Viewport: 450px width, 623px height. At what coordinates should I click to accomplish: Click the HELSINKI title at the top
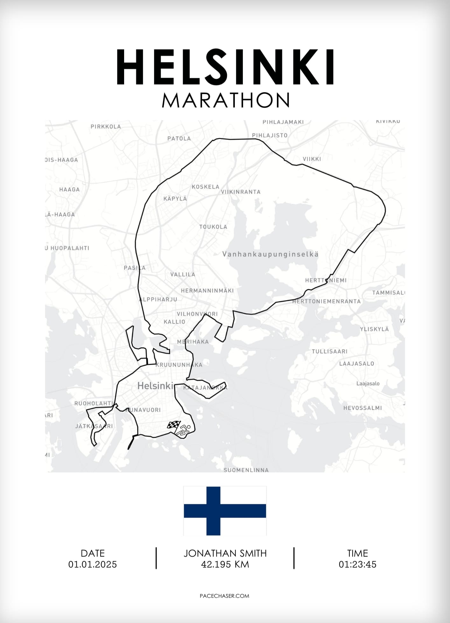tap(225, 67)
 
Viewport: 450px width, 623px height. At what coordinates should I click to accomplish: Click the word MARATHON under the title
tap(225, 100)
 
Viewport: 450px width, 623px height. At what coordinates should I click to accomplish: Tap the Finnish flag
tap(225, 510)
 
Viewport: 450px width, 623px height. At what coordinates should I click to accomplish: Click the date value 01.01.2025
tap(93, 564)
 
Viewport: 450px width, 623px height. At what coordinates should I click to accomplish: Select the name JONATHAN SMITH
tap(225, 553)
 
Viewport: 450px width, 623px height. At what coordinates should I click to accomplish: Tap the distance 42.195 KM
tap(225, 564)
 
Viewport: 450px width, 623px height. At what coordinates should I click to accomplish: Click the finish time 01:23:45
tap(357, 564)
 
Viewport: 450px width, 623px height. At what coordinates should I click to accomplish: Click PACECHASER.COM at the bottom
tap(225, 596)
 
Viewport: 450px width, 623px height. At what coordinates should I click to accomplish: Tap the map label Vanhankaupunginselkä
tap(270, 254)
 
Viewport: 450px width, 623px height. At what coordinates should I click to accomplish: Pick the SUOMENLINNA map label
tap(246, 470)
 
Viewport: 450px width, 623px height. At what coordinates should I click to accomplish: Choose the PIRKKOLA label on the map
tap(106, 127)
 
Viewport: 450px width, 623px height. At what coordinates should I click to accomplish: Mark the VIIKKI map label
tap(312, 159)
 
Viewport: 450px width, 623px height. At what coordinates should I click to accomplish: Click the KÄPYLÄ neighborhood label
tap(175, 198)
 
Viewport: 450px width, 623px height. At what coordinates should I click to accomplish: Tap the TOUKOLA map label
tap(213, 227)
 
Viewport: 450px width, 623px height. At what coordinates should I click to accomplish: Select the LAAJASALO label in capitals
tap(356, 363)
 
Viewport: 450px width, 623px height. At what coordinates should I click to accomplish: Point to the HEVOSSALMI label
tap(362, 408)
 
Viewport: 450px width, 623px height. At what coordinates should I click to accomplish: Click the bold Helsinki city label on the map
tap(155, 386)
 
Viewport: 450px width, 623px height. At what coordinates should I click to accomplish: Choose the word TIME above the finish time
tap(357, 553)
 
